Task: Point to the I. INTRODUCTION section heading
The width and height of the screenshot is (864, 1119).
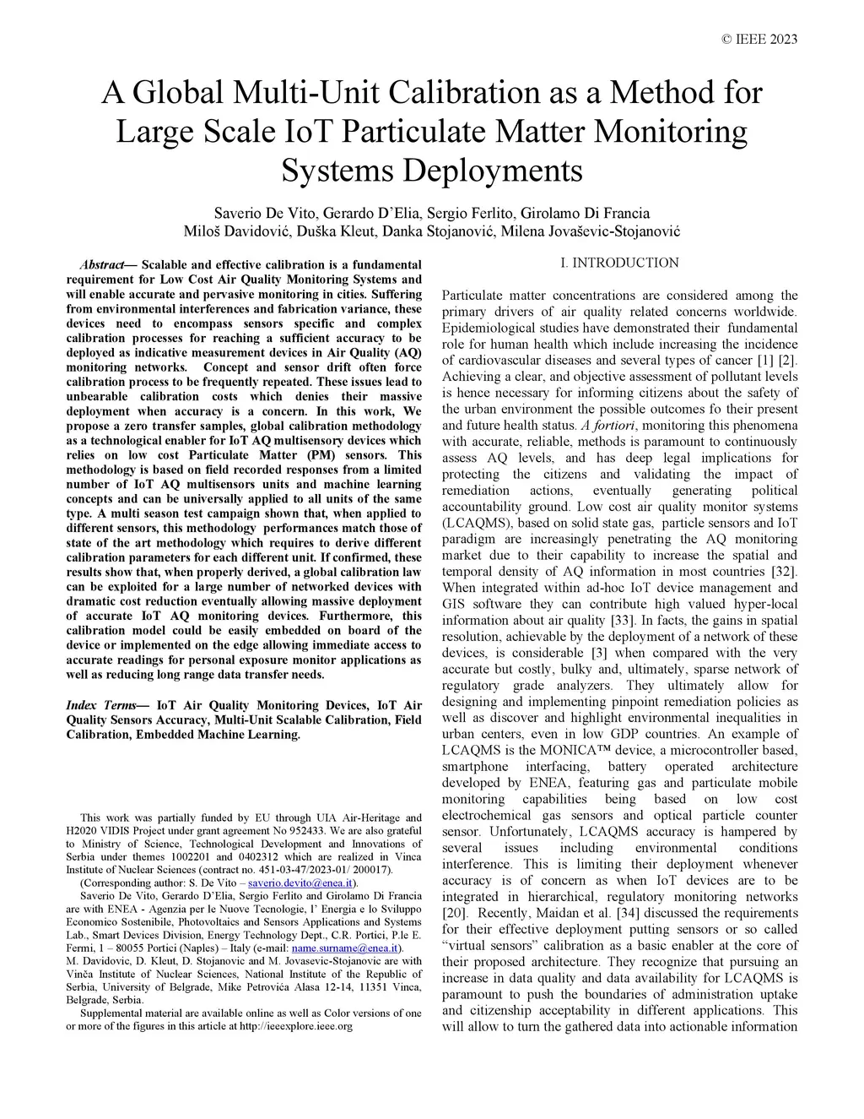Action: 619,263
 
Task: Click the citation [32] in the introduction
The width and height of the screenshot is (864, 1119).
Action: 784,572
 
